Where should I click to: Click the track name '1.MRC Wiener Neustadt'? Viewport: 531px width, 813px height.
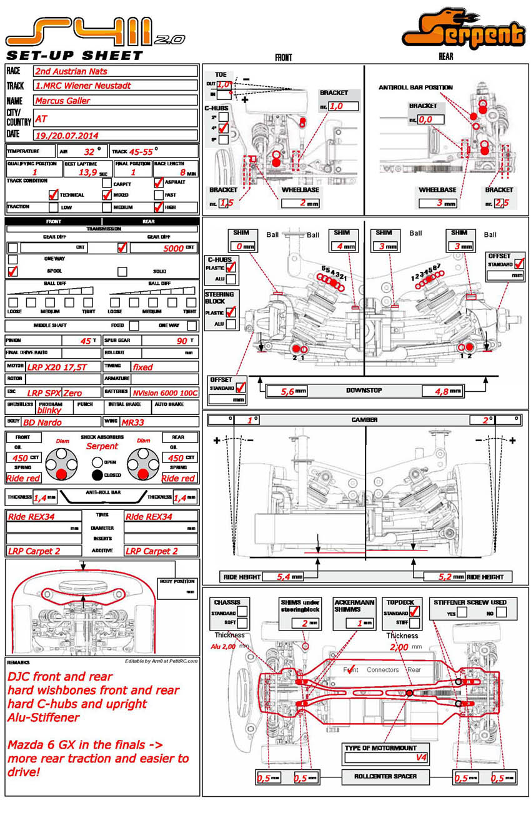(x=83, y=86)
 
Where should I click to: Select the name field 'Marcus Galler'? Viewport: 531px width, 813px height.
(x=62, y=100)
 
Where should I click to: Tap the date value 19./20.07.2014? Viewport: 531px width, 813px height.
(x=67, y=134)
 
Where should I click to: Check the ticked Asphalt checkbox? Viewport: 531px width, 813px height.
(x=159, y=182)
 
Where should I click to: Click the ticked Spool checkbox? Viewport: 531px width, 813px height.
(x=12, y=271)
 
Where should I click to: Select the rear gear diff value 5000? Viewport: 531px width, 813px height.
(x=173, y=248)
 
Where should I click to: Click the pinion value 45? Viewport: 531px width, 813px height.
(x=86, y=341)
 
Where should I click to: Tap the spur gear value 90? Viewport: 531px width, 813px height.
(x=182, y=341)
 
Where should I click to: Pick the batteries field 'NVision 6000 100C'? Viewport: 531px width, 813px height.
(x=165, y=392)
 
